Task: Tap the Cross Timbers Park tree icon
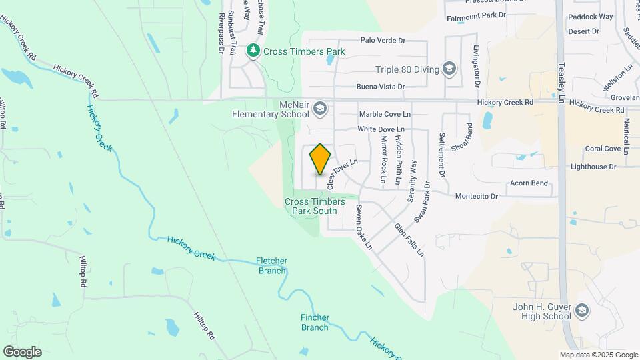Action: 253,51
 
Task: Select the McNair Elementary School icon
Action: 320,108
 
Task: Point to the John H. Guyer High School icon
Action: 583,311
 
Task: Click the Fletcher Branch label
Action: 271,265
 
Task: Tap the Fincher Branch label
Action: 315,323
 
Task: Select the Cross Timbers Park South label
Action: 315,206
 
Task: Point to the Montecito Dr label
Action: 477,196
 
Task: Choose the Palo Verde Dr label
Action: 383,40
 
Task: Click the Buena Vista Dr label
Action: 381,87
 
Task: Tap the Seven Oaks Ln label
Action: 363,227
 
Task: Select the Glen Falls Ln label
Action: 409,239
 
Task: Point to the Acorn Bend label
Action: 529,183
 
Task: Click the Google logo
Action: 22,351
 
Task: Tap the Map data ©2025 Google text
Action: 598,355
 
